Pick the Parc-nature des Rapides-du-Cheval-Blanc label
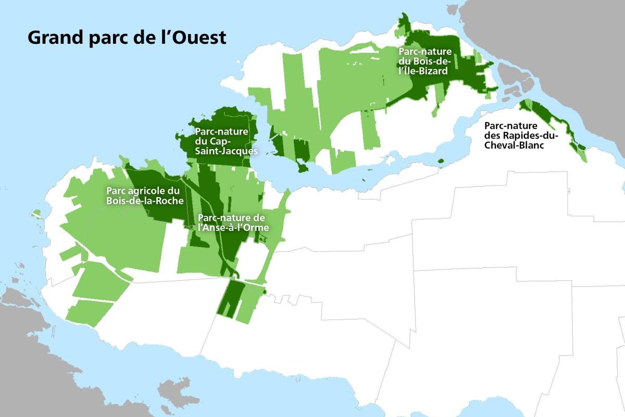(x=521, y=136)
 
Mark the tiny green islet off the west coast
(x=36, y=213)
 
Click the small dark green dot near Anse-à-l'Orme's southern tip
(x=265, y=291)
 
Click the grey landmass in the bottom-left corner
(x=21, y=354)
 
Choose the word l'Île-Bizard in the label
(x=423, y=71)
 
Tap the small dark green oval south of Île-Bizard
(x=441, y=160)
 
